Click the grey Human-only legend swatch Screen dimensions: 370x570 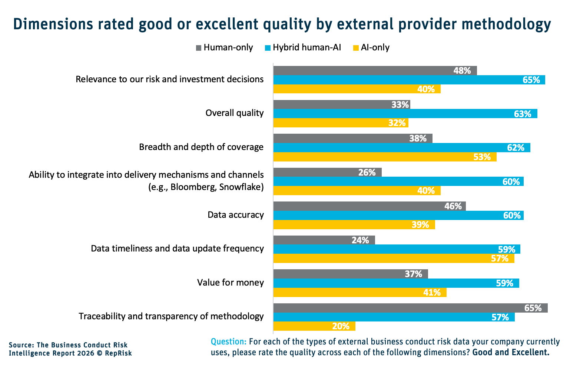(198, 48)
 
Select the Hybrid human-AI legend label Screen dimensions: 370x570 (307, 47)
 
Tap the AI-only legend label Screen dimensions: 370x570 (375, 47)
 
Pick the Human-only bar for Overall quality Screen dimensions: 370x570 (341, 104)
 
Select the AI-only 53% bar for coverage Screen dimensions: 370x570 (385, 157)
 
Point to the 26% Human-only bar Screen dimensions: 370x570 (327, 172)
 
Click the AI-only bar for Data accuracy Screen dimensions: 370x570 (354, 224)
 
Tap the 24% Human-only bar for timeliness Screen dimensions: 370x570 (324, 240)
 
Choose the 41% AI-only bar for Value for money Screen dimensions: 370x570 (359, 293)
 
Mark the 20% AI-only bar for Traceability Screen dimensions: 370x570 (314, 326)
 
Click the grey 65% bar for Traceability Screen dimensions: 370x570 (410, 308)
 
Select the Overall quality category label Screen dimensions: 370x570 (235, 113)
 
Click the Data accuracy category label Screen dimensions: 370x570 (236, 215)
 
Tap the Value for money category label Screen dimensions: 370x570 (231, 283)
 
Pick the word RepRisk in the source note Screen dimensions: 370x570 (118, 353)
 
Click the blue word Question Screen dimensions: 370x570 (228, 341)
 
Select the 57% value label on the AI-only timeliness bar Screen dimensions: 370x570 (500, 259)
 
